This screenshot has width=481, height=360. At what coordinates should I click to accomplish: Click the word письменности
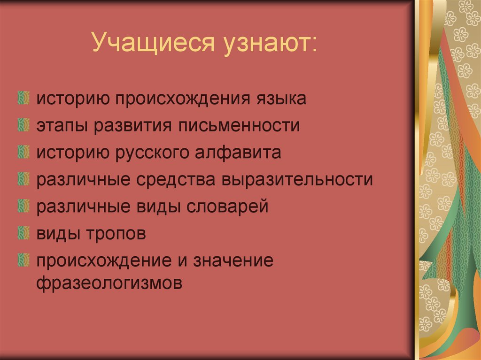click(246, 126)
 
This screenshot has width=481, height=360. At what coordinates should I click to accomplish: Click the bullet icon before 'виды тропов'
click(22, 232)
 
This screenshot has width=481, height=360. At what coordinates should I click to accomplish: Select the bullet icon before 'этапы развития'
click(22, 125)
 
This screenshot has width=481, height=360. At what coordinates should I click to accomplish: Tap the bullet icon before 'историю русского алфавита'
click(22, 152)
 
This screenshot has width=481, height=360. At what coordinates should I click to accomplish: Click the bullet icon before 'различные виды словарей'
click(22, 206)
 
